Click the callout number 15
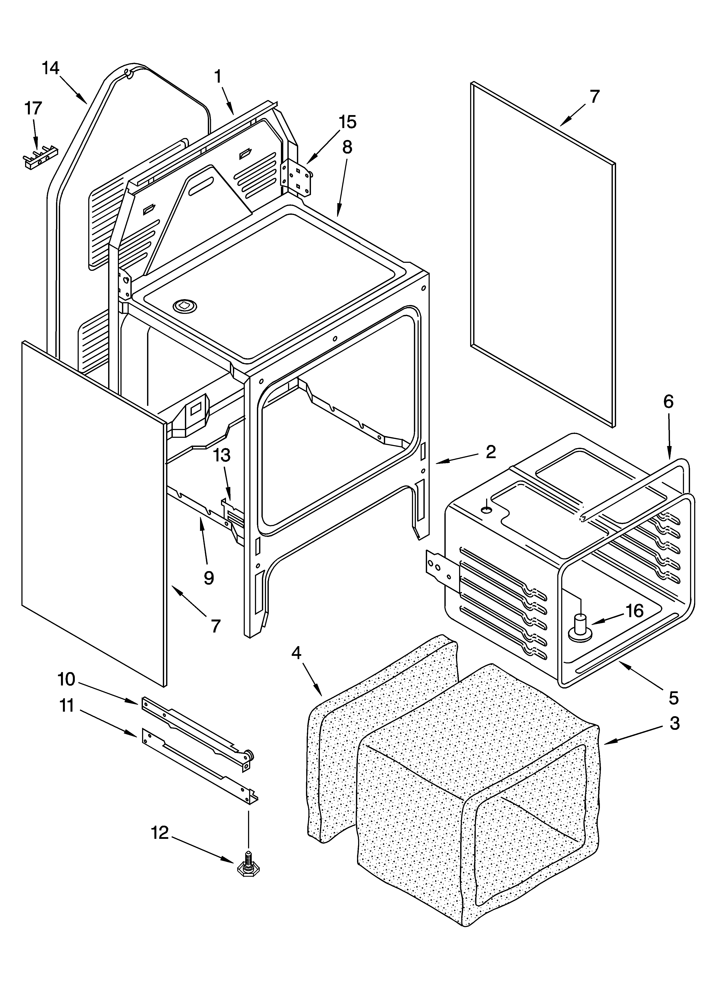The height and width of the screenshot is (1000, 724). pos(348,122)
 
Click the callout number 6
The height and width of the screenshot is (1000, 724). pos(668,402)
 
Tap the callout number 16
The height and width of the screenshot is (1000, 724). pos(634,611)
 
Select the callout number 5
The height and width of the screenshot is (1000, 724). pos(673,698)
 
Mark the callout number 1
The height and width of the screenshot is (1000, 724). pos(217,77)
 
